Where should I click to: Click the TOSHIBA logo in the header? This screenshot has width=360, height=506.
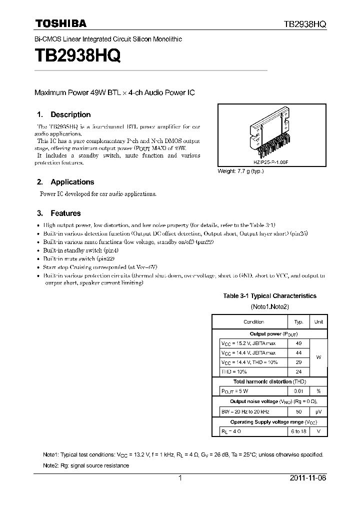(x=60, y=23)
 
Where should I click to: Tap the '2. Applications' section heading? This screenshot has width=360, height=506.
(x=65, y=182)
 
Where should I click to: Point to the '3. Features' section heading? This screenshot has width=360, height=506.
(x=59, y=213)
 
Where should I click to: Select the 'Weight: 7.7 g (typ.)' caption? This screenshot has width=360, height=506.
(x=240, y=171)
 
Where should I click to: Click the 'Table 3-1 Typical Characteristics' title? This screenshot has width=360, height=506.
(x=269, y=296)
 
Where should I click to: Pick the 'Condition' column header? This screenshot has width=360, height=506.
(x=253, y=322)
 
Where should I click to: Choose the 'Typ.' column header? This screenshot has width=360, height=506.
(x=299, y=322)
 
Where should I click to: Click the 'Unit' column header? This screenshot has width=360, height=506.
(x=318, y=322)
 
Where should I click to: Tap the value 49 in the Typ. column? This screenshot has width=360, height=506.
(x=299, y=343)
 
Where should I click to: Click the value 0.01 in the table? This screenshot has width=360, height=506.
(x=299, y=391)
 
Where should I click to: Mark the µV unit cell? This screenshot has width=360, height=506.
(x=318, y=411)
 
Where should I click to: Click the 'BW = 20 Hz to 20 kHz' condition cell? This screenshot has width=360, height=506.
(x=245, y=411)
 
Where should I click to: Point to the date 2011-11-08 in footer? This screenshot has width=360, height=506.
(x=307, y=478)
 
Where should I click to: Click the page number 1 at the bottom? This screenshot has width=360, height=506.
(x=180, y=478)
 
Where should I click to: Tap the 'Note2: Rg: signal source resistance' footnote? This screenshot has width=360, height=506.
(x=86, y=465)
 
